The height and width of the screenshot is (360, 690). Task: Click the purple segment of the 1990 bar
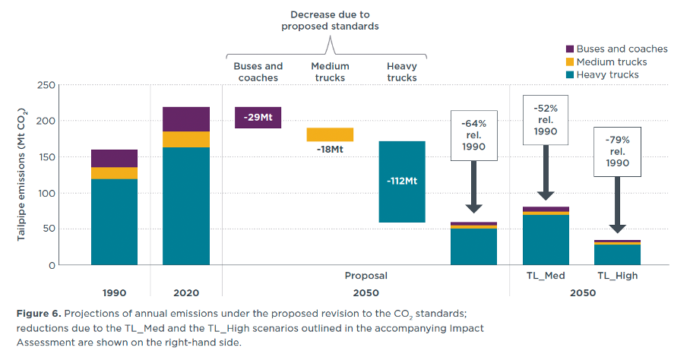click(x=114, y=158)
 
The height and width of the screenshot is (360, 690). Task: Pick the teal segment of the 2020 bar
click(x=186, y=205)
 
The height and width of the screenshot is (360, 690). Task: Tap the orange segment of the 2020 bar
click(x=186, y=139)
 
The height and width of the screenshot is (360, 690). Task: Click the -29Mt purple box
click(x=258, y=118)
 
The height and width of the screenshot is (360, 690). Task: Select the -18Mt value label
click(x=330, y=150)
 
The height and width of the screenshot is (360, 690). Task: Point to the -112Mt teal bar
click(x=401, y=182)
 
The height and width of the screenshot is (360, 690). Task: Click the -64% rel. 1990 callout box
click(x=473, y=135)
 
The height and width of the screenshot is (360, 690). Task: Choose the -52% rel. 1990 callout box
click(x=545, y=120)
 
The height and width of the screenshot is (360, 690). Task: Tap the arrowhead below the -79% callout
click(x=617, y=228)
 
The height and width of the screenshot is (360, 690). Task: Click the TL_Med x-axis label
click(x=545, y=276)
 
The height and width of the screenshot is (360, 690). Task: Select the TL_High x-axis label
click(x=617, y=276)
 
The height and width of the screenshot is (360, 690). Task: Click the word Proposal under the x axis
click(x=366, y=276)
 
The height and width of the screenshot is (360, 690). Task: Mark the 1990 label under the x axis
click(x=114, y=292)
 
